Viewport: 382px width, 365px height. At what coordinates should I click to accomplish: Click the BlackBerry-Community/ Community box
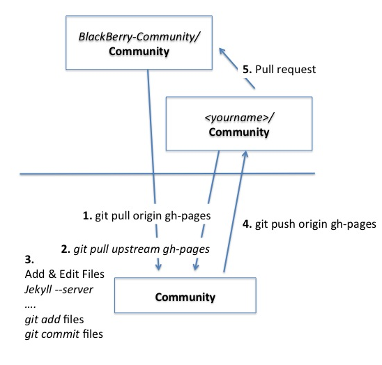(139, 42)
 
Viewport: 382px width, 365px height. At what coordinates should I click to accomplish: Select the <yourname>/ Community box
(239, 123)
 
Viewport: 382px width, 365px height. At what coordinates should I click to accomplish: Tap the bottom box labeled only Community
(185, 295)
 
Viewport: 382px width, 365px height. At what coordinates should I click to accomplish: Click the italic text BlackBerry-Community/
(139, 37)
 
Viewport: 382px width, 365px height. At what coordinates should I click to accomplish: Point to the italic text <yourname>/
(239, 118)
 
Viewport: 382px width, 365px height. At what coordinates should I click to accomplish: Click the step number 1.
(87, 216)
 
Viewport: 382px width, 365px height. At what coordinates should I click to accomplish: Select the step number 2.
(66, 249)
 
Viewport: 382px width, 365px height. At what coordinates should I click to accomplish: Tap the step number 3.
(29, 260)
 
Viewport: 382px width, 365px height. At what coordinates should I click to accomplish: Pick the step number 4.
(247, 224)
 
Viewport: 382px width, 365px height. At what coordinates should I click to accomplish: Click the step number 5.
(247, 70)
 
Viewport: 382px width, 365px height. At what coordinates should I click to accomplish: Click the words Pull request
(285, 70)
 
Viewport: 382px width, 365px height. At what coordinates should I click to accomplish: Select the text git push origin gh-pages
(316, 224)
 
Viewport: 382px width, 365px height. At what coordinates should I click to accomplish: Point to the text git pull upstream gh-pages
(142, 249)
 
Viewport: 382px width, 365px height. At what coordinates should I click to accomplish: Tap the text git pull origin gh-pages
(153, 216)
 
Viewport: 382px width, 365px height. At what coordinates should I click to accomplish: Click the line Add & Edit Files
(65, 274)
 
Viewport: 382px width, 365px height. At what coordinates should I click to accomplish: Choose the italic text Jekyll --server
(59, 290)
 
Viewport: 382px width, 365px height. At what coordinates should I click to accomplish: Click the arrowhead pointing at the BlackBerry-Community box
(222, 52)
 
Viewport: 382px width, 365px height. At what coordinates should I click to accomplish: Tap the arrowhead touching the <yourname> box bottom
(245, 155)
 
